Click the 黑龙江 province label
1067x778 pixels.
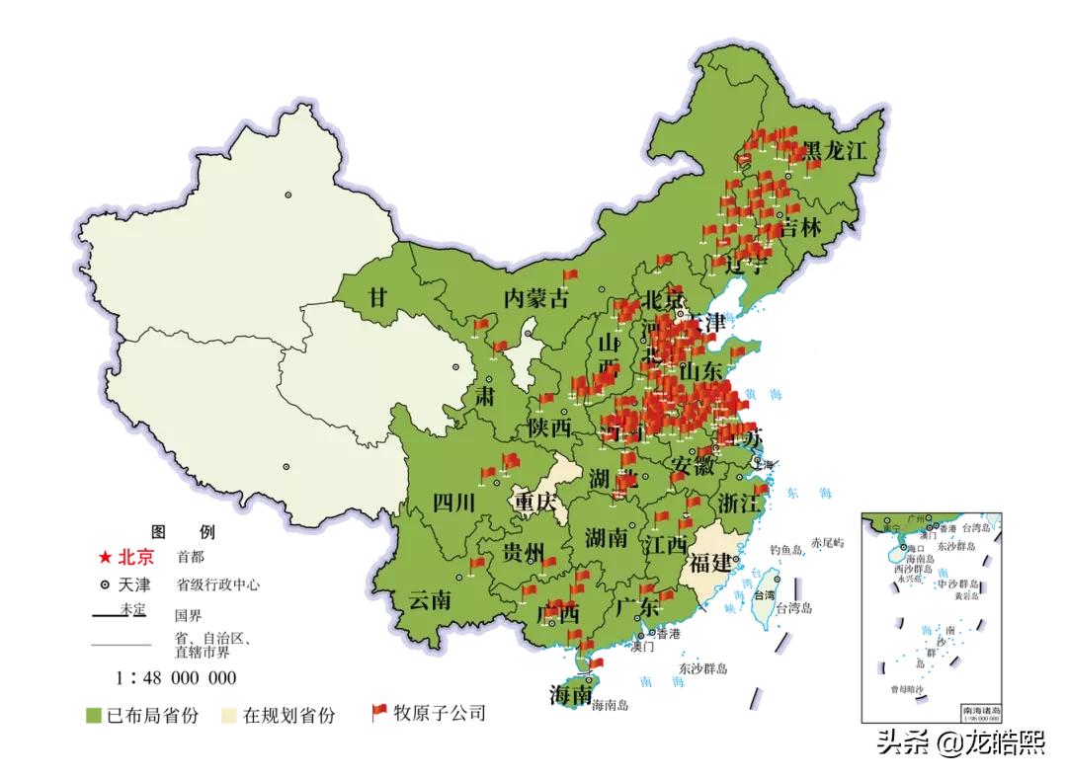coord(833,151)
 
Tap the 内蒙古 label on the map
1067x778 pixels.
coord(537,297)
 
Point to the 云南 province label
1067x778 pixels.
coord(430,599)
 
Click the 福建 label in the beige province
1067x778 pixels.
coord(711,564)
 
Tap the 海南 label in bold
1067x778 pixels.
coord(572,695)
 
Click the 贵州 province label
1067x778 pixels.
coord(523,550)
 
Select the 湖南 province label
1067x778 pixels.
coord(606,538)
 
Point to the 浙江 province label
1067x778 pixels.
coord(741,502)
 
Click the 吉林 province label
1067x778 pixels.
coord(800,228)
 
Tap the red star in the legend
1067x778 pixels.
coord(105,558)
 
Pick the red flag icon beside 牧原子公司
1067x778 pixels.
coord(378,712)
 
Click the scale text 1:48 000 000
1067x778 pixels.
coord(176,677)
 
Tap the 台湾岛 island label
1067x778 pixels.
coord(792,608)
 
